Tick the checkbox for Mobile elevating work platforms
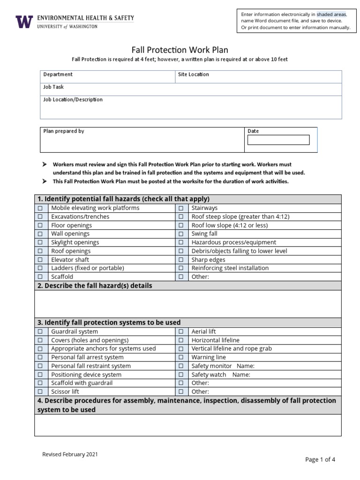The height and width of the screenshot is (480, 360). pyautogui.click(x=40, y=208)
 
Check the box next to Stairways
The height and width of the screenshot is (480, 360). pyautogui.click(x=180, y=208)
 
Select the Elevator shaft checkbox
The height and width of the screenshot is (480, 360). pyautogui.click(x=40, y=260)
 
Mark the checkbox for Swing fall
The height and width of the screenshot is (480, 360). pyautogui.click(x=180, y=234)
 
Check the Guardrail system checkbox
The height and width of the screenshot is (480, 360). pyautogui.click(x=40, y=332)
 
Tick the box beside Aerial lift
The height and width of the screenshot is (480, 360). pyautogui.click(x=180, y=332)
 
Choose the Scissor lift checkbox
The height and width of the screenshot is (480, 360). pyautogui.click(x=40, y=392)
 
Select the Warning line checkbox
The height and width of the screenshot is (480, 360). pyautogui.click(x=180, y=358)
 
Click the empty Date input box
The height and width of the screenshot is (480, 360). pyautogui.click(x=278, y=140)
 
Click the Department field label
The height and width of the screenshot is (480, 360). pyautogui.click(x=58, y=75)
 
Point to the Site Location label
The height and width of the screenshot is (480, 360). pyautogui.click(x=194, y=75)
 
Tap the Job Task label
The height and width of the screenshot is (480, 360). pyautogui.click(x=53, y=87)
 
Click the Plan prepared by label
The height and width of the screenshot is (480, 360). pyautogui.click(x=64, y=131)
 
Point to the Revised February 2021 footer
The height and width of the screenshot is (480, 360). pyautogui.click(x=70, y=454)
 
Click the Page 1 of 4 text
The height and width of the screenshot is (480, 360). pyautogui.click(x=320, y=459)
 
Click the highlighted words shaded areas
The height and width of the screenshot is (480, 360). pyautogui.click(x=331, y=15)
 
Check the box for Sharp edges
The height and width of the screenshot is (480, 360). pyautogui.click(x=180, y=260)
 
